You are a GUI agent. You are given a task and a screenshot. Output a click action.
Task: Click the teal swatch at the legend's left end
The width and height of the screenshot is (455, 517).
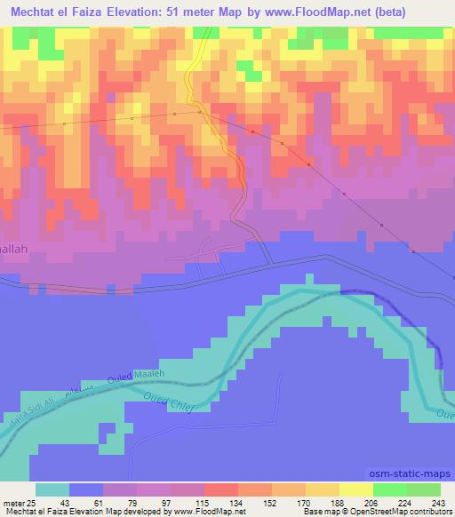tap(52, 489)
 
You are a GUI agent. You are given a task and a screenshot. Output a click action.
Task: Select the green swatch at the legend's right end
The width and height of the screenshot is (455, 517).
tap(424, 489)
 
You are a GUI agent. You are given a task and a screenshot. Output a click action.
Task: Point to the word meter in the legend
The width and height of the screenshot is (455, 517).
tap(12, 503)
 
